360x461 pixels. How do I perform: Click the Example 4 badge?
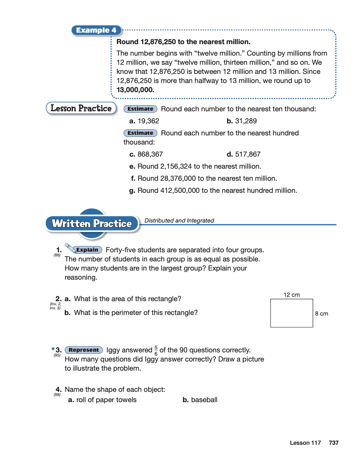pyautogui.click(x=96, y=30)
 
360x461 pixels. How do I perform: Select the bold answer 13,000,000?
pyautogui.click(x=135, y=90)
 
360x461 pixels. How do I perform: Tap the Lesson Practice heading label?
pyautogui.click(x=81, y=108)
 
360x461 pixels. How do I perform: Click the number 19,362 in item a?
pyautogui.click(x=148, y=121)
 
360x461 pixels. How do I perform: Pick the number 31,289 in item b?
pyautogui.click(x=246, y=121)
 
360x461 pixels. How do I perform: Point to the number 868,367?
pyautogui.click(x=150, y=154)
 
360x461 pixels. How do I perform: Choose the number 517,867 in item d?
pyautogui.click(x=248, y=154)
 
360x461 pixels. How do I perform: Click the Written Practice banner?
pyautogui.click(x=92, y=224)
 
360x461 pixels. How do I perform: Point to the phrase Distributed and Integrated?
pyautogui.click(x=179, y=220)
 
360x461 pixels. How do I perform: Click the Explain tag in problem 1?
pyautogui.click(x=87, y=250)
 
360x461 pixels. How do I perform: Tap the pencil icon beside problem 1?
pyautogui.click(x=70, y=248)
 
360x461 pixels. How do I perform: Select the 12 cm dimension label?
pyautogui.click(x=291, y=295)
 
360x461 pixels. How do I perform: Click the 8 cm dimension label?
pyautogui.click(x=321, y=314)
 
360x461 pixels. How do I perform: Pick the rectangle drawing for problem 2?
pyautogui.click(x=291, y=313)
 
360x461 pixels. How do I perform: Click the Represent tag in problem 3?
pyautogui.click(x=84, y=350)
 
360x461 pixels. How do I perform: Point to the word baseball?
pyautogui.click(x=204, y=400)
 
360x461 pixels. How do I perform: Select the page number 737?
pyautogui.click(x=334, y=443)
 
